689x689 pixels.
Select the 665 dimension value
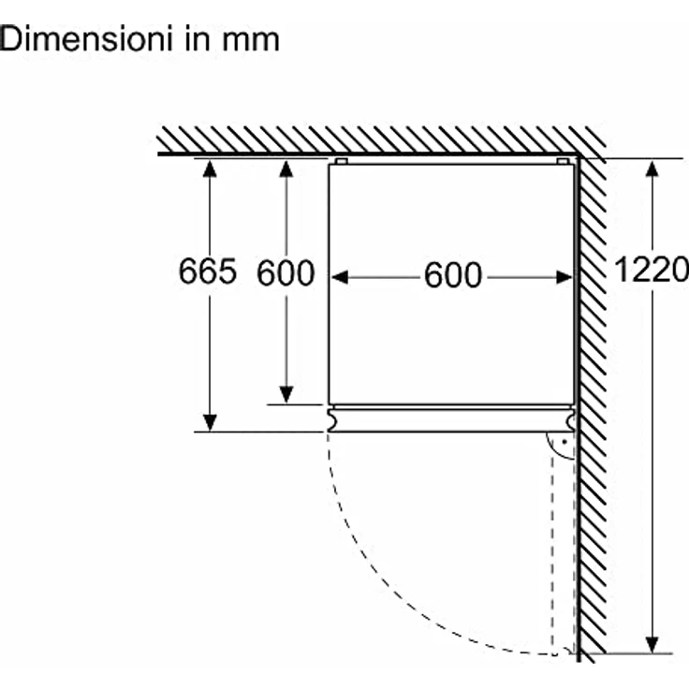208,271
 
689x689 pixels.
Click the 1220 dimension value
652,271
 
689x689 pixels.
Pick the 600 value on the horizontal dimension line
453,276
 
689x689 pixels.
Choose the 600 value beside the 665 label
286,272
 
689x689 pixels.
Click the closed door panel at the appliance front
449,418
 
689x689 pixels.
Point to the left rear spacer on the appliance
340,161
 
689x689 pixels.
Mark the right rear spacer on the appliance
563,161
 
